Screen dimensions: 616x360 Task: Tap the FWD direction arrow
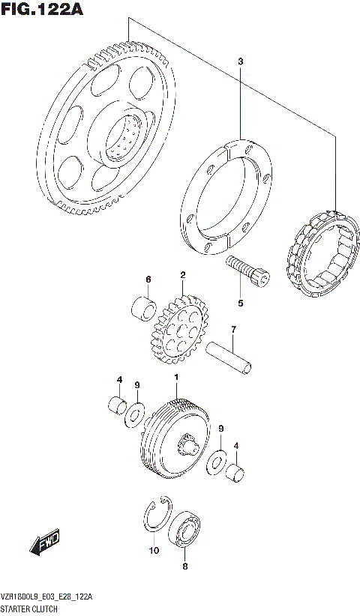[46, 543]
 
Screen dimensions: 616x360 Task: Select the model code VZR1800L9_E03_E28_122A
[46, 596]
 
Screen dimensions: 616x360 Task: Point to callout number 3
[240, 61]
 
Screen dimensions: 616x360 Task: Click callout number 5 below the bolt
[241, 304]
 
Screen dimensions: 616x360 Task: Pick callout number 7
[233, 329]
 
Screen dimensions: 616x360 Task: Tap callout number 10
[154, 552]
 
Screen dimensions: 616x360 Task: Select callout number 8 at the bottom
[185, 568]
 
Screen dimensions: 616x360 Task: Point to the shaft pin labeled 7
[229, 357]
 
